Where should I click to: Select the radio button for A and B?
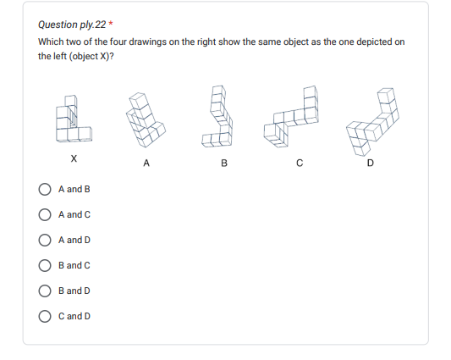click(x=45, y=189)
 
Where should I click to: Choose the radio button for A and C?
click(x=45, y=214)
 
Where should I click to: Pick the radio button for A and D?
click(x=45, y=240)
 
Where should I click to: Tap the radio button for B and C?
click(x=45, y=265)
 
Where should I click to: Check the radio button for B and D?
click(x=45, y=291)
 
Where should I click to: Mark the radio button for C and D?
click(x=45, y=316)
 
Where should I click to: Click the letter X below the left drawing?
click(x=74, y=158)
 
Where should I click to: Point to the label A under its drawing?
click(x=146, y=163)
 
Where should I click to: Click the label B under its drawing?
click(x=224, y=163)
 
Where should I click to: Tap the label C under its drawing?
click(x=300, y=163)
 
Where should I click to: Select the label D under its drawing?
click(x=371, y=163)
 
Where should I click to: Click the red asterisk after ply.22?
click(x=111, y=23)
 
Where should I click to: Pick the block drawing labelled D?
click(x=373, y=122)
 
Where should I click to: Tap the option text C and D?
click(x=74, y=316)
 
